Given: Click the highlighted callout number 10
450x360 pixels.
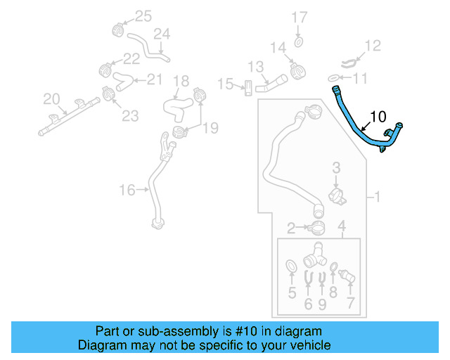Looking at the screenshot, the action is pos(378,117).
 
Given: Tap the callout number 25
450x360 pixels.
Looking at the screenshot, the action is pos(143,16).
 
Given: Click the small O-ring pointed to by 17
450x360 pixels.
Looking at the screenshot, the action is pos(298,42).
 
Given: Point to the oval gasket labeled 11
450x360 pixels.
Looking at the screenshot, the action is pos(333,78).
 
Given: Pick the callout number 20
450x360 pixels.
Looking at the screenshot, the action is pos(51,99).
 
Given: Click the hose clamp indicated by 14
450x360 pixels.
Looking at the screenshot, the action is pos(297,70).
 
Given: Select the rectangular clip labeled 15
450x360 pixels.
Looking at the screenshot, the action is pos(248,88).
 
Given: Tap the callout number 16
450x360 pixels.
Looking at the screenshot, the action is pos(127,190).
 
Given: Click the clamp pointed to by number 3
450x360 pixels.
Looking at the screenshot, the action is pos(337,196).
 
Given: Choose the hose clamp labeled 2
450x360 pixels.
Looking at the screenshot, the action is pos(316,228).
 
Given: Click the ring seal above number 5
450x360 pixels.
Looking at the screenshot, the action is pos(291,266).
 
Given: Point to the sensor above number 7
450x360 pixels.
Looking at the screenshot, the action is pos(347,276).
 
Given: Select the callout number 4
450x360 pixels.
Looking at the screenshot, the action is pos(342,226).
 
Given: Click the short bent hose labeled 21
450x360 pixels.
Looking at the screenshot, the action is pos(123,81).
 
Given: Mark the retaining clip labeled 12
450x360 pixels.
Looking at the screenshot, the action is pos(349,63).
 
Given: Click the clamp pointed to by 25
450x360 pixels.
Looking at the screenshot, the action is pos(118,30).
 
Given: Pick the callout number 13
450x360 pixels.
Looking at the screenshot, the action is pos(255,67).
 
